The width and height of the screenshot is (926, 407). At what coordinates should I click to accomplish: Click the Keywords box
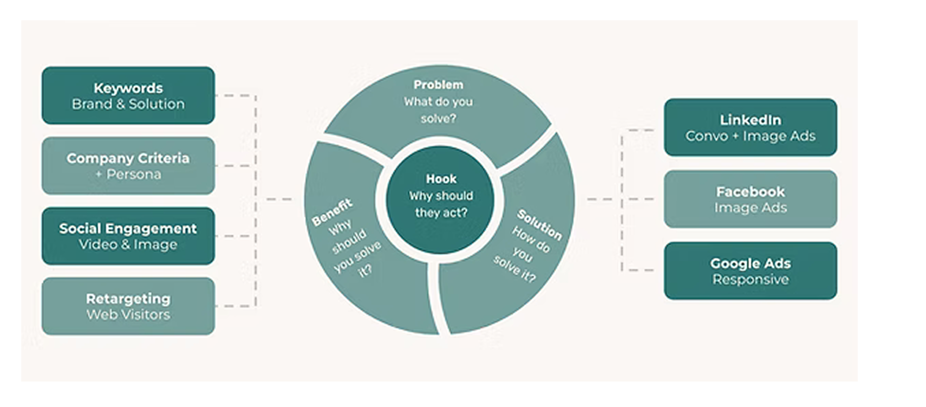click(128, 95)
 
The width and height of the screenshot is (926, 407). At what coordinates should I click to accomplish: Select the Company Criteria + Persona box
click(128, 166)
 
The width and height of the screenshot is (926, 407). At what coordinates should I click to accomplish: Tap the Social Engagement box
click(128, 236)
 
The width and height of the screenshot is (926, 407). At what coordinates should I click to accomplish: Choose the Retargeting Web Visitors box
click(128, 306)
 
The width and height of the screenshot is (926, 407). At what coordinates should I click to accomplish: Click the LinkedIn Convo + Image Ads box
click(750, 127)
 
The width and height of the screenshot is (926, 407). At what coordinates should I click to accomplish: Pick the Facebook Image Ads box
click(750, 199)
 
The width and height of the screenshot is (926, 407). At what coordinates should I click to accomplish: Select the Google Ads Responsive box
click(750, 270)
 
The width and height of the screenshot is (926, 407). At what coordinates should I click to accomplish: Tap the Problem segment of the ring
click(439, 108)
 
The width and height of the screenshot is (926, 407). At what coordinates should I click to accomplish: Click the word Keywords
click(128, 88)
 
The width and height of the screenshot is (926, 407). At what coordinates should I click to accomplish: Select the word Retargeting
click(128, 299)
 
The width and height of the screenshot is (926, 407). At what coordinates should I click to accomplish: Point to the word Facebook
click(750, 191)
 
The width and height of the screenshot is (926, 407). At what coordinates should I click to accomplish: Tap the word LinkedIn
click(750, 120)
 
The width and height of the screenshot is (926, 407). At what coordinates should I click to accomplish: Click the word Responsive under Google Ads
click(750, 280)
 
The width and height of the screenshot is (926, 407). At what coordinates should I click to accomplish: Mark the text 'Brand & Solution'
click(128, 104)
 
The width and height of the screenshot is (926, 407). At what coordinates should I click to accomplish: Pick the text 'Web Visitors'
click(128, 315)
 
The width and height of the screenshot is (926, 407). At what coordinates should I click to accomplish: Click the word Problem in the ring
click(438, 85)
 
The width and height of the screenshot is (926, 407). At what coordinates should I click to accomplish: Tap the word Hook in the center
click(441, 179)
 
